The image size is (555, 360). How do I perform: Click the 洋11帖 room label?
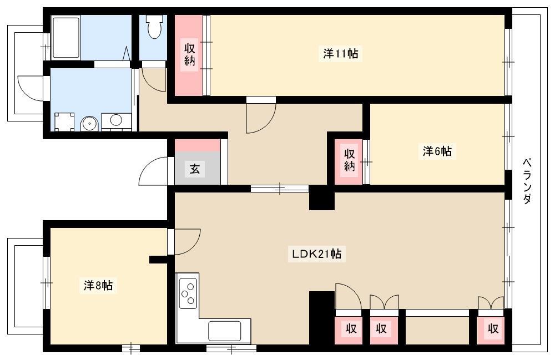click(341, 54)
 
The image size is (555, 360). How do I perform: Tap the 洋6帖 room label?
click(437, 151)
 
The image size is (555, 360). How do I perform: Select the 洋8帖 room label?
click(98, 285)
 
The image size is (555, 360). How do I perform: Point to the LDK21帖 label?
click(316, 254)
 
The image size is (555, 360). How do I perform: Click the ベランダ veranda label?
click(527, 181)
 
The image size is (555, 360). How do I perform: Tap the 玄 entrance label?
click(195, 169)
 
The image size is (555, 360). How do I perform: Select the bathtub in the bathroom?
click(66, 38)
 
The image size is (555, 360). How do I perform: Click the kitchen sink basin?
click(224, 331)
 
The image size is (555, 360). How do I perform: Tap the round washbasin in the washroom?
click(88, 124)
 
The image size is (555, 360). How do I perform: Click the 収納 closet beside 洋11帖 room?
click(189, 55)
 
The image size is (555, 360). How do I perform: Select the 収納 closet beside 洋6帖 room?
click(349, 162)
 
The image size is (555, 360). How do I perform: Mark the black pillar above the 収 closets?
click(322, 317)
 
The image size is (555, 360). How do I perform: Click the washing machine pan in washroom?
click(64, 121)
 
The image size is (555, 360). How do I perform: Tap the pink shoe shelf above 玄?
click(198, 145)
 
